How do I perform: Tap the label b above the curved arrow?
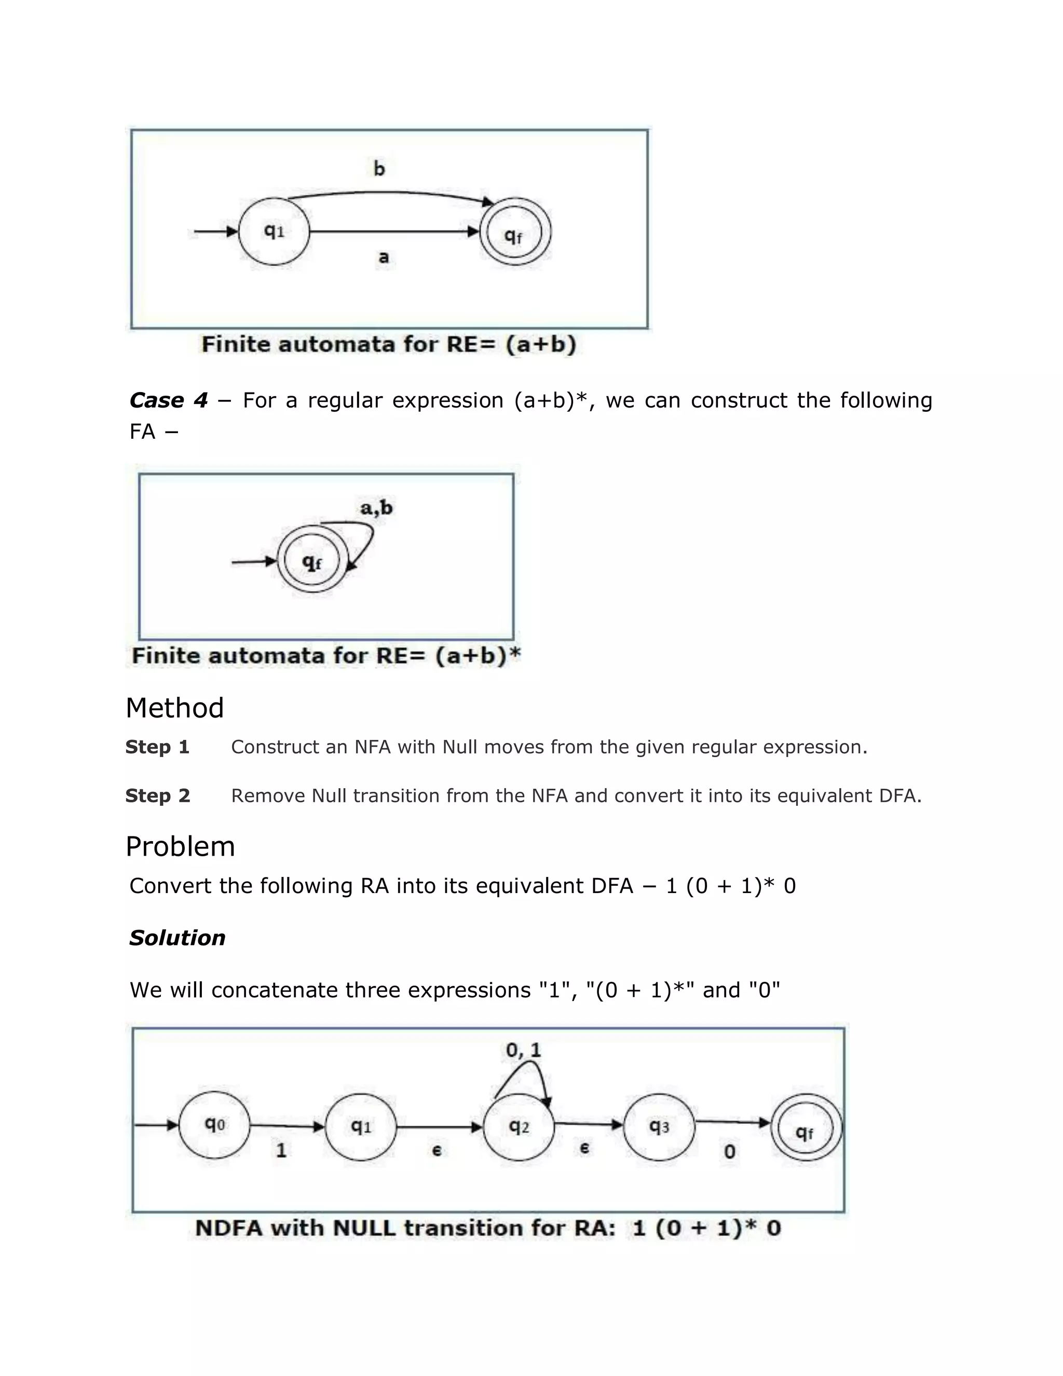(x=379, y=168)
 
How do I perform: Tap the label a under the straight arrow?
(x=384, y=257)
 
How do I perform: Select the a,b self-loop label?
(x=377, y=507)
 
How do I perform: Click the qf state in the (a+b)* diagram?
(x=312, y=560)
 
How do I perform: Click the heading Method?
(x=174, y=708)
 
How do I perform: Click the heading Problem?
(x=180, y=846)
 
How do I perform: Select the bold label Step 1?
(x=157, y=747)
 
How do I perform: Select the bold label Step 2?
(x=157, y=795)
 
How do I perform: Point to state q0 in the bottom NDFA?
(x=214, y=1125)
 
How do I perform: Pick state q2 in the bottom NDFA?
(x=519, y=1127)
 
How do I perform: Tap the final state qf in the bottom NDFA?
(x=806, y=1128)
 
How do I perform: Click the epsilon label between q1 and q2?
(x=437, y=1151)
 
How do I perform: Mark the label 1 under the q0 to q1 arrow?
(x=281, y=1151)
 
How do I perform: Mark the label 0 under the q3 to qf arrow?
(x=729, y=1152)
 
